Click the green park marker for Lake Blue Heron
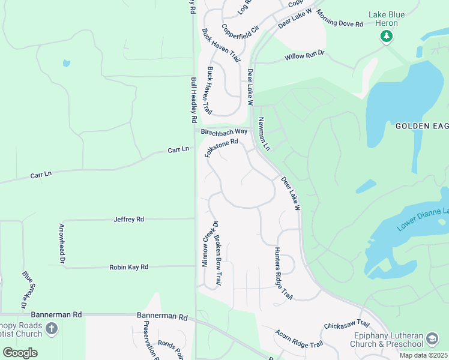coord(387,37)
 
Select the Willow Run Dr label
coord(304,56)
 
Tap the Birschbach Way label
coord(224,131)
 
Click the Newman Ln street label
coord(264,134)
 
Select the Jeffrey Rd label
coord(129,220)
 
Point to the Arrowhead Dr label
coord(61,244)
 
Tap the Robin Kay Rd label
coord(128,267)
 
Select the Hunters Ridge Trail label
coord(283,272)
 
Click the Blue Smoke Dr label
coord(28,290)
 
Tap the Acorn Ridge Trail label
coord(299,340)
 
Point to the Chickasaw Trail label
coord(346,325)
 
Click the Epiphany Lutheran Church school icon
coord(432,340)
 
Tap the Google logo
coord(20,352)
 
